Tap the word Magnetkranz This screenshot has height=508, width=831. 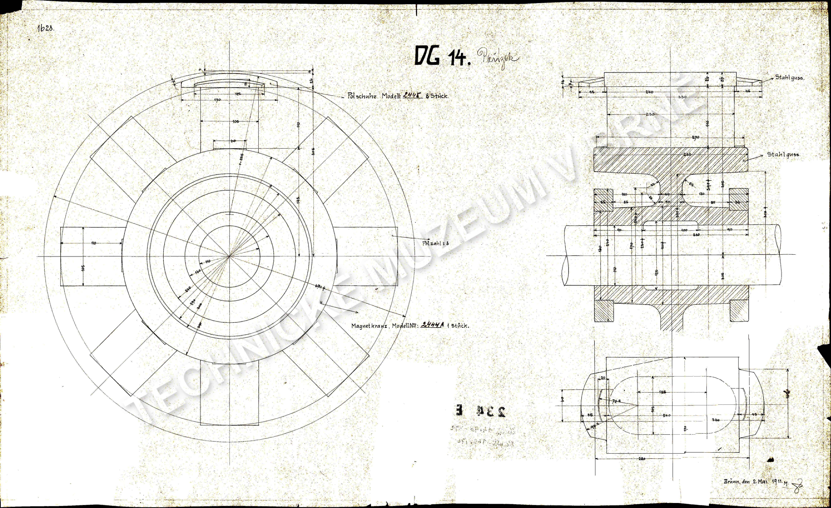[369, 326]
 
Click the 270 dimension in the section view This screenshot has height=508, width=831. [695, 137]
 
